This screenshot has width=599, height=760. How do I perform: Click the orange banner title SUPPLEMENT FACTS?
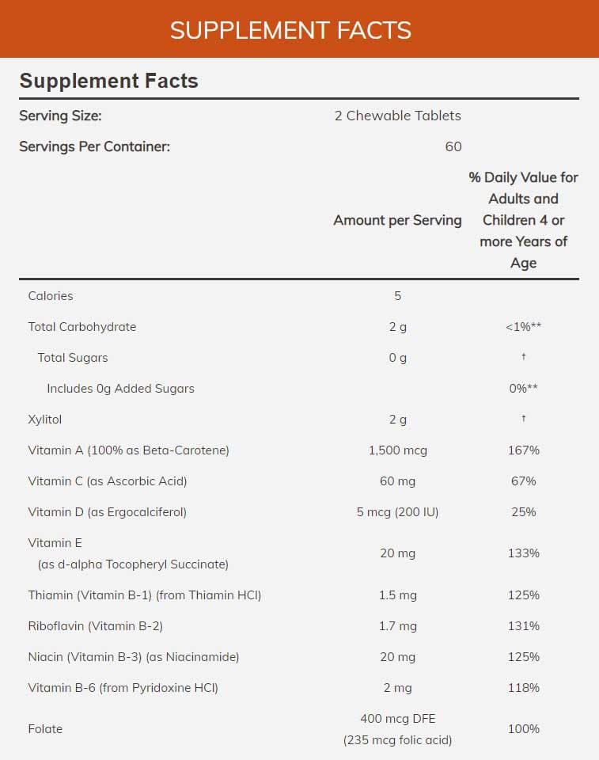(290, 30)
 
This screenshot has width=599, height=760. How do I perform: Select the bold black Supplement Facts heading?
(108, 81)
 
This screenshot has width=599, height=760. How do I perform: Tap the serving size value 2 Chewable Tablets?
(397, 116)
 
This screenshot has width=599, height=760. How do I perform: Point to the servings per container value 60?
(453, 146)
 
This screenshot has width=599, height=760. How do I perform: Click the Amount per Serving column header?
(397, 220)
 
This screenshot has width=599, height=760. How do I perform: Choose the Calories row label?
(51, 296)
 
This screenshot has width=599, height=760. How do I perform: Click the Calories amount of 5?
(397, 296)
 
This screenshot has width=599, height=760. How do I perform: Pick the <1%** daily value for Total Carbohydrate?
(523, 327)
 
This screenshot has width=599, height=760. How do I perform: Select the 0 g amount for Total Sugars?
(397, 358)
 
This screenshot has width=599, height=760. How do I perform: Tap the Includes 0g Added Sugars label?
(120, 389)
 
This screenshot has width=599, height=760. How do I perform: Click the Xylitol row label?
(44, 420)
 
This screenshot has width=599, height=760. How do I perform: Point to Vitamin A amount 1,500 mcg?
(397, 450)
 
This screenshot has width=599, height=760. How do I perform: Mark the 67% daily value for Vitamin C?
(523, 481)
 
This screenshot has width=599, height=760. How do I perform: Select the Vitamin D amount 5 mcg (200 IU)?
(397, 512)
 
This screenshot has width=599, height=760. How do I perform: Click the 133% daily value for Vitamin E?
(523, 553)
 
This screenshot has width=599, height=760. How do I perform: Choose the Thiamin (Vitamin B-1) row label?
(144, 595)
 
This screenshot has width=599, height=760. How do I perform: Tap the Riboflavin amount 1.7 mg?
(397, 626)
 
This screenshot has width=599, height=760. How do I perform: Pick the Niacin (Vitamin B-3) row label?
(133, 657)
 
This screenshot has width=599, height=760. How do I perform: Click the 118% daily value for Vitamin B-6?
(523, 688)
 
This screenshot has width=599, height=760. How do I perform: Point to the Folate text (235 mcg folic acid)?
(397, 740)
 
